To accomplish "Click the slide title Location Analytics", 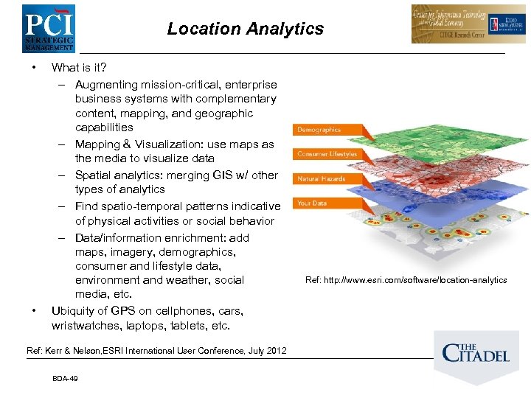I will (245, 29).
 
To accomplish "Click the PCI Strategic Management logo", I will (48, 28).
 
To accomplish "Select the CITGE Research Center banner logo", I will (458, 24).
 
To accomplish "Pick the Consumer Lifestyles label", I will (327, 154).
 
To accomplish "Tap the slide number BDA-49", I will (66, 378).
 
